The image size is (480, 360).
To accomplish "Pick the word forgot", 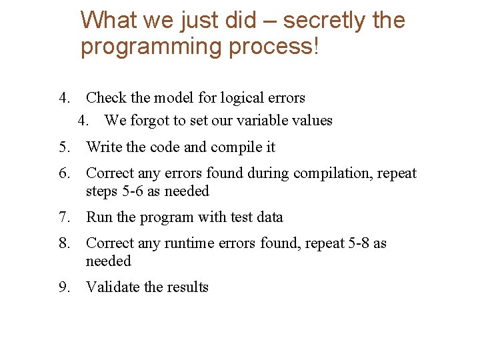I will click(150, 121).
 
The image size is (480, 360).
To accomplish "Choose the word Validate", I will click(113, 287).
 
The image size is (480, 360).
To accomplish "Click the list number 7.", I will click(64, 217).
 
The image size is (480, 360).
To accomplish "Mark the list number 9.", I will click(64, 287).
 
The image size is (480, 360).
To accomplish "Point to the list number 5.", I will click(64, 147).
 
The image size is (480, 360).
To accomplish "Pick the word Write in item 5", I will click(103, 147).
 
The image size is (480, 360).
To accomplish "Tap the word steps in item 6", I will click(101, 191).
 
